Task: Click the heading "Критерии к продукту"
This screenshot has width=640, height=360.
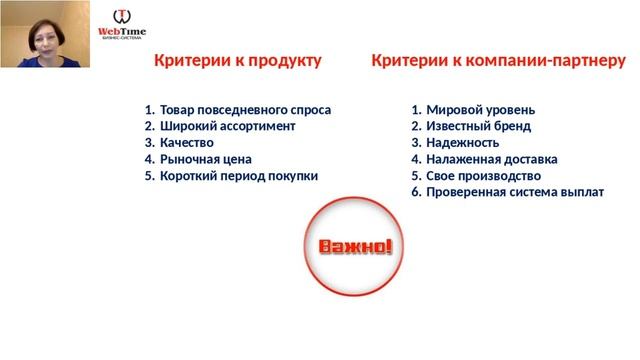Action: click(237, 61)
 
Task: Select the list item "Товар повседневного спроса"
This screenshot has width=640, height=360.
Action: click(245, 110)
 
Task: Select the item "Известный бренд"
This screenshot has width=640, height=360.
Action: click(478, 126)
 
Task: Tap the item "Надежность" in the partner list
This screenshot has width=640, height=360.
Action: click(464, 142)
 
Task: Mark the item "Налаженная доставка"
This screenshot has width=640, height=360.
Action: click(491, 158)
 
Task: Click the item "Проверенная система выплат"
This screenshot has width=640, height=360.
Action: click(514, 191)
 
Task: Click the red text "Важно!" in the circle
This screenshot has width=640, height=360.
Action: click(355, 246)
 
